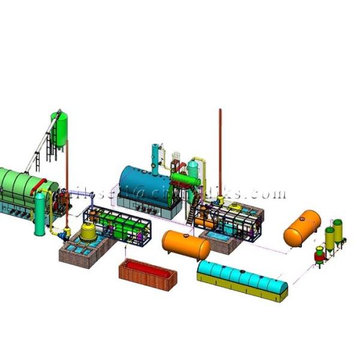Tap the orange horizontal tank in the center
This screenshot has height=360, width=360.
(x=186, y=245)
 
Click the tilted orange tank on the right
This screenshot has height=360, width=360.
(x=302, y=227)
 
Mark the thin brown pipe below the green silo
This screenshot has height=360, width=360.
(x=66, y=180)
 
